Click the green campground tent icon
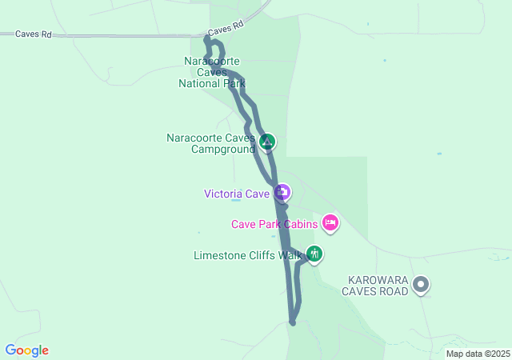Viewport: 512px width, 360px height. pos(267,142)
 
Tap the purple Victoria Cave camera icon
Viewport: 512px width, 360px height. pos(282,192)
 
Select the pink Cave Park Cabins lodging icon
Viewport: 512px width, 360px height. pos(330,222)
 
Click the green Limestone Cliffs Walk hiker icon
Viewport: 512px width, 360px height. pos(314,254)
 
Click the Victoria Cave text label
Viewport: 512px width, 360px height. pos(237,193)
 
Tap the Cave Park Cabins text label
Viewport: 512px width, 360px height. pos(275,224)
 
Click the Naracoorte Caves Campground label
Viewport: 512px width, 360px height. pos(211,142)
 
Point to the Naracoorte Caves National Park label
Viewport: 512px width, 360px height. pos(212,72)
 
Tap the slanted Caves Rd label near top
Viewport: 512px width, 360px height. pos(225,28)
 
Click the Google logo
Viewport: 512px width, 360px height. pos(27,350)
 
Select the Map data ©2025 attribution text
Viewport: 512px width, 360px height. pos(477,354)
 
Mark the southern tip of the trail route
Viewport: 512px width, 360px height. pos(293,323)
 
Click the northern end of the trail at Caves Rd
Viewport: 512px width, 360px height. pos(207,37)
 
